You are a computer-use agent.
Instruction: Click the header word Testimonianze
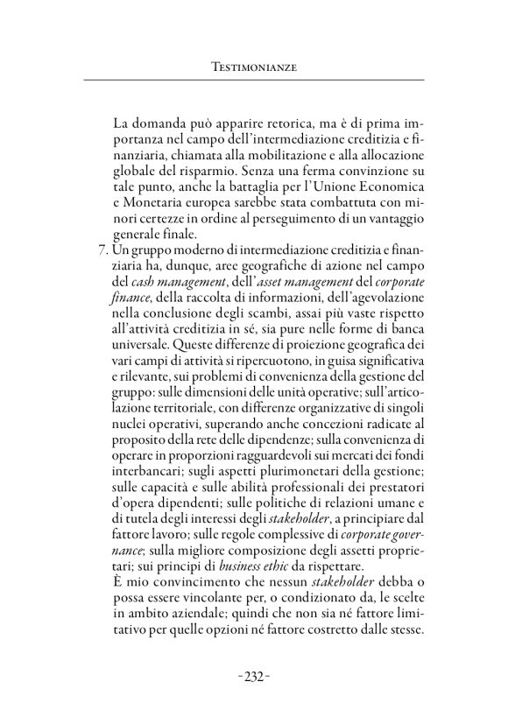tap(254, 66)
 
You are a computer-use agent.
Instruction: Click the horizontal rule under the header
tap(254, 81)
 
